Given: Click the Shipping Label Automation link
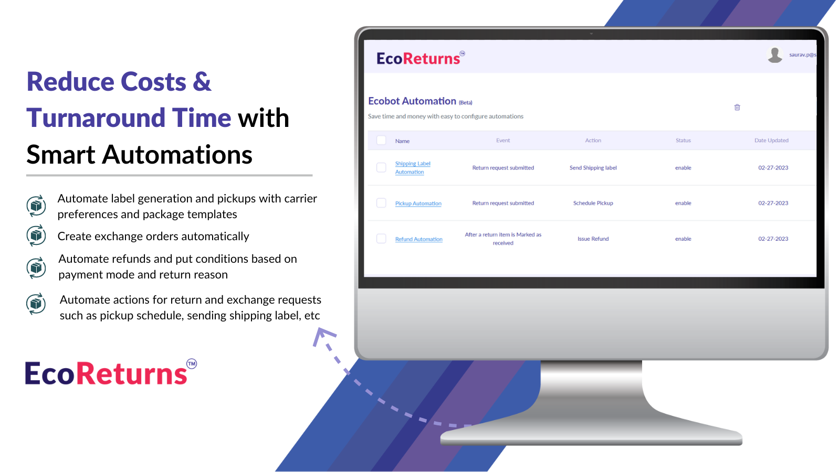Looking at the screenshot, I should pyautogui.click(x=412, y=168).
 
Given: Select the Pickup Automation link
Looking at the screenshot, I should pyautogui.click(x=418, y=203).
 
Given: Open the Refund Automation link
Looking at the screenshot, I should pyautogui.click(x=418, y=239).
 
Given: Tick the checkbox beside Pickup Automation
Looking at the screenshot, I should pyautogui.click(x=382, y=203).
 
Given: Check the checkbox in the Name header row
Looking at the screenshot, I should pyautogui.click(x=382, y=141).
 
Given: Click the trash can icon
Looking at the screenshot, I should pyautogui.click(x=737, y=108).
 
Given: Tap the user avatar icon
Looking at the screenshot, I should pyautogui.click(x=775, y=55).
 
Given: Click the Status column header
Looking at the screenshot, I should pyautogui.click(x=683, y=141).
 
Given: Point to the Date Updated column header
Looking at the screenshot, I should pyautogui.click(x=771, y=141).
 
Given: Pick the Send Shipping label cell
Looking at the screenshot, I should pyautogui.click(x=593, y=168).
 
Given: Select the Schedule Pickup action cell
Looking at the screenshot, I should pyautogui.click(x=593, y=203).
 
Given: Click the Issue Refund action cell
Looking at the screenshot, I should pyautogui.click(x=593, y=239).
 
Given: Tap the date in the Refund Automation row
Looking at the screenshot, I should pyautogui.click(x=773, y=239).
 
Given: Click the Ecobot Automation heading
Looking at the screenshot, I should pyautogui.click(x=412, y=101).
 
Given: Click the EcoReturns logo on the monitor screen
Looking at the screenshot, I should pyautogui.click(x=418, y=58).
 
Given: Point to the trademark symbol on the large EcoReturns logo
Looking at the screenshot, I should pyautogui.click(x=192, y=363).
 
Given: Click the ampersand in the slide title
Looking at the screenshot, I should pyautogui.click(x=202, y=82).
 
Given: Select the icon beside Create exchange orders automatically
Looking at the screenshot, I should pyautogui.click(x=36, y=236).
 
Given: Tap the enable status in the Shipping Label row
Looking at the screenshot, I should pyautogui.click(x=683, y=168).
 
